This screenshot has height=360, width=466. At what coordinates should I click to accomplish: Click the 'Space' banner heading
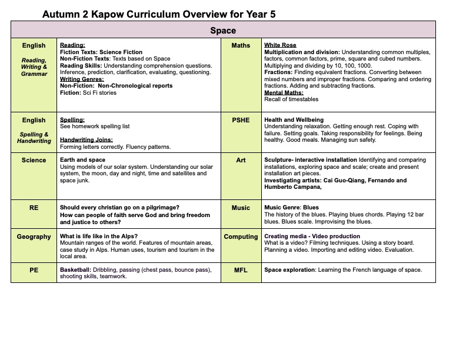pyautogui.click(x=223, y=31)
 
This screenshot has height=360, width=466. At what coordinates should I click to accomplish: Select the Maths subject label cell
pyautogui.click(x=241, y=45)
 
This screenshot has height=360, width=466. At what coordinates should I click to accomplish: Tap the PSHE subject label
pyautogui.click(x=241, y=120)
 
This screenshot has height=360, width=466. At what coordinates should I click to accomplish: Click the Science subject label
pyautogui.click(x=34, y=160)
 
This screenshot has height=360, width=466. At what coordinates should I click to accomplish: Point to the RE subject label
pyautogui.click(x=34, y=208)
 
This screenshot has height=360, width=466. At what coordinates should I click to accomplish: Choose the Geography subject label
pyautogui.click(x=34, y=236)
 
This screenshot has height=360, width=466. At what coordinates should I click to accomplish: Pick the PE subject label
pyautogui.click(x=34, y=270)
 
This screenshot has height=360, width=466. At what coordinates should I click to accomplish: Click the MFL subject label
pyautogui.click(x=241, y=270)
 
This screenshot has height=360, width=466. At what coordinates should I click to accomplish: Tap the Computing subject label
pyautogui.click(x=241, y=236)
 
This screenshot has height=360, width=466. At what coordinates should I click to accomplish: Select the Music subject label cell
pyautogui.click(x=241, y=208)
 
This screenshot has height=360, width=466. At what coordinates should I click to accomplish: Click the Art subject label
pyautogui.click(x=241, y=160)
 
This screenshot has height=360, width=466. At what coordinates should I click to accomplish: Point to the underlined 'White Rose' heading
pyautogui.click(x=280, y=45)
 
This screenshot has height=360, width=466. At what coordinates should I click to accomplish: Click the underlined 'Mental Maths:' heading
pyautogui.click(x=284, y=92)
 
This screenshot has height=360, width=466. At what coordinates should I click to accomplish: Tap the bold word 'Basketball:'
pyautogui.click(x=76, y=270)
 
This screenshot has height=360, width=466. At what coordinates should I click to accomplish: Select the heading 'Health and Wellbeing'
pyautogui.click(x=294, y=120)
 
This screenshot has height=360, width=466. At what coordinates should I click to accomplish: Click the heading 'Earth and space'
pyautogui.click(x=82, y=160)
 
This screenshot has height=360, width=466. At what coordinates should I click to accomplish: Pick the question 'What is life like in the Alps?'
pyautogui.click(x=99, y=236)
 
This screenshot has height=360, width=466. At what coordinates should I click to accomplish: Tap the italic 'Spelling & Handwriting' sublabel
pyautogui.click(x=34, y=138)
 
